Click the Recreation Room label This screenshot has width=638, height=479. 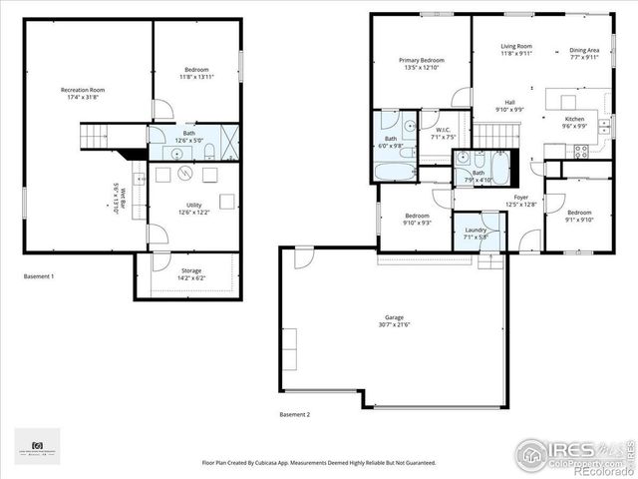point(83,90)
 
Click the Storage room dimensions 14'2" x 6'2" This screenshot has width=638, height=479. point(191,277)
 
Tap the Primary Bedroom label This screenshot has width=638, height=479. point(422,60)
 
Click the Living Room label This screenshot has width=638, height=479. point(516,46)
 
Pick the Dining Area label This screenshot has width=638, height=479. point(584,50)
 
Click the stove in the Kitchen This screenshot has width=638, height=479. point(581,151)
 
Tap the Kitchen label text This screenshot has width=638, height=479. point(575,119)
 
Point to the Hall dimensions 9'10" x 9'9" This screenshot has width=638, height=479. point(509,110)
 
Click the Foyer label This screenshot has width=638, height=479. point(521,198)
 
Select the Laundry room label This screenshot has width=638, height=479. point(476,231)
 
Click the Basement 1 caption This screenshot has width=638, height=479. point(39,275)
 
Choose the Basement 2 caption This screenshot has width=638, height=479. point(294,413)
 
